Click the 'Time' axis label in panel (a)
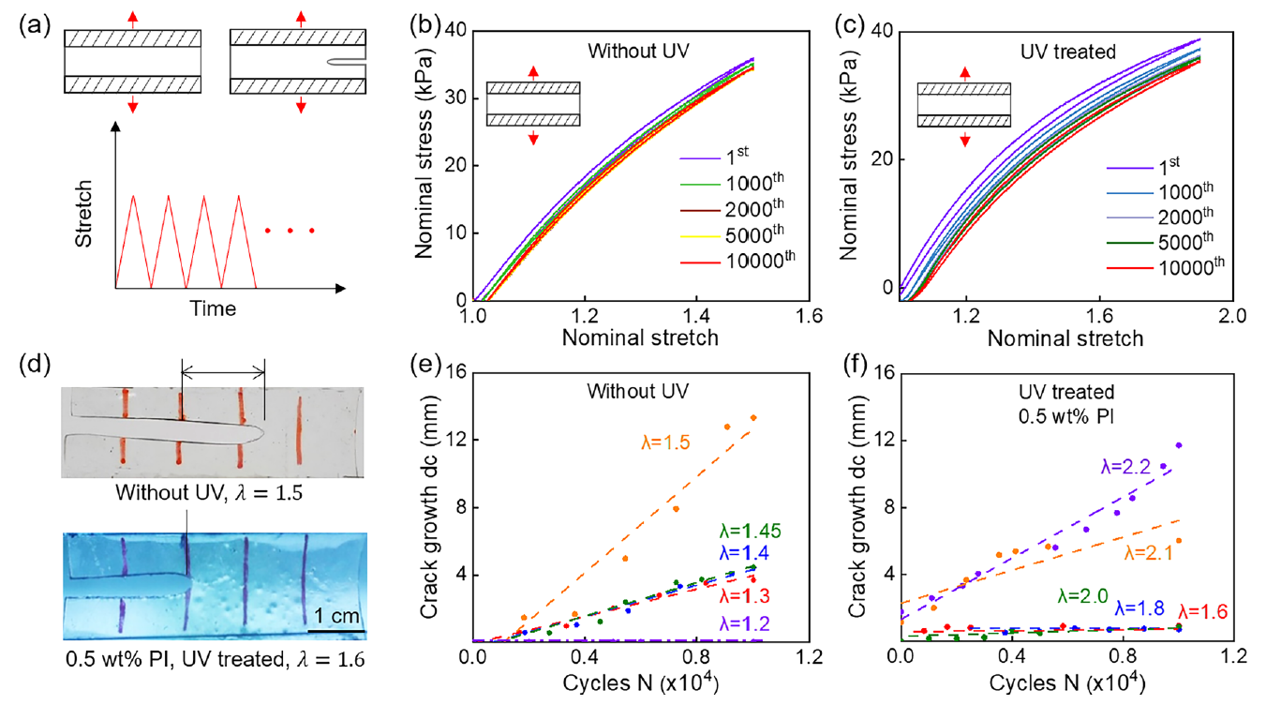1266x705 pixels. point(213,307)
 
